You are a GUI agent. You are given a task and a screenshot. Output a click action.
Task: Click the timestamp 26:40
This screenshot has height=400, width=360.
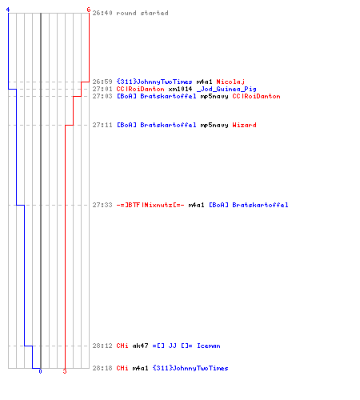[x=102, y=13]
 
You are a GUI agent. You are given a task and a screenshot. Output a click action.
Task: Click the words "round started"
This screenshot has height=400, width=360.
[x=142, y=13]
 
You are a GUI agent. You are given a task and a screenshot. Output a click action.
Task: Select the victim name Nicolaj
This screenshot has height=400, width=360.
[x=230, y=82]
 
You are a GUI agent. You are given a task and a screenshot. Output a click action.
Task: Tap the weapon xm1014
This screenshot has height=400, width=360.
[x=180, y=89]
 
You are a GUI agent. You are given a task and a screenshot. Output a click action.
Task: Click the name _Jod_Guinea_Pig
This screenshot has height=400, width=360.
[x=226, y=89]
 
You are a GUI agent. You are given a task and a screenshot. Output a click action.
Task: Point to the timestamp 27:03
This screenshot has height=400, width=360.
[x=102, y=96]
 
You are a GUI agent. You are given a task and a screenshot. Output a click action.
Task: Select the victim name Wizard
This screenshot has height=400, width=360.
[x=244, y=125]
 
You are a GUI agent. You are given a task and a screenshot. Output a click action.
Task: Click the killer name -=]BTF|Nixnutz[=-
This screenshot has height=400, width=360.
[x=150, y=205]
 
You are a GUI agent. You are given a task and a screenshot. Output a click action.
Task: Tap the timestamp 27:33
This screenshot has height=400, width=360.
[x=102, y=205]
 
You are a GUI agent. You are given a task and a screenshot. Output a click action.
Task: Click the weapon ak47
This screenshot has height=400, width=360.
[x=140, y=346]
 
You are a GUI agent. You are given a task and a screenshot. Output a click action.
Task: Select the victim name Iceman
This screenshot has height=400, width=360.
[x=209, y=346]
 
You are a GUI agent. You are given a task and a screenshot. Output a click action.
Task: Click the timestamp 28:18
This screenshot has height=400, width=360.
[x=102, y=368]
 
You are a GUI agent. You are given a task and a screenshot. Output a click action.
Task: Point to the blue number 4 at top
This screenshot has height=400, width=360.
[x=8, y=10]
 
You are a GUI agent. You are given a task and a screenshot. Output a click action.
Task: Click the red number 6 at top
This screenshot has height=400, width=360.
[x=89, y=10]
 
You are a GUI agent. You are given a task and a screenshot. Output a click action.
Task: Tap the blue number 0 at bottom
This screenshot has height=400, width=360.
[x=40, y=371]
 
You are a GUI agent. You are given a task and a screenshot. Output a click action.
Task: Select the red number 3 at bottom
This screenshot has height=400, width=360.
[x=65, y=371]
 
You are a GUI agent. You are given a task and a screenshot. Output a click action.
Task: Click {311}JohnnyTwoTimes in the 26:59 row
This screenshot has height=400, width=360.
[x=154, y=82]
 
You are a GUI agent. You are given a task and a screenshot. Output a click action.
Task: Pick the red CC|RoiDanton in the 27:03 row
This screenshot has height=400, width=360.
[x=256, y=96]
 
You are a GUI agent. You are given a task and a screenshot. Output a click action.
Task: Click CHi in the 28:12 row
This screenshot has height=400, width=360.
[x=122, y=346]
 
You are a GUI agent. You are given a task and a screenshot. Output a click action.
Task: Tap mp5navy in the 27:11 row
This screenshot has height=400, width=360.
[x=214, y=125]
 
